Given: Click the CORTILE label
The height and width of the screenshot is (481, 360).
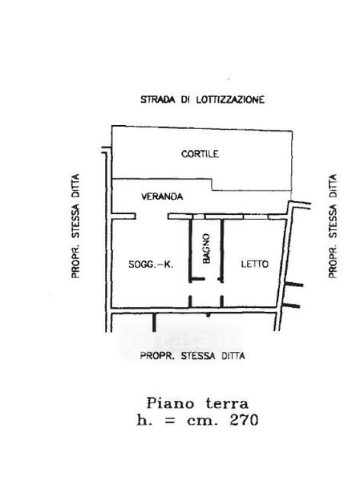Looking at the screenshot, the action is pos(200,154).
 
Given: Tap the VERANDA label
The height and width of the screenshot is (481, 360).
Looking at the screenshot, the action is pos(162,196).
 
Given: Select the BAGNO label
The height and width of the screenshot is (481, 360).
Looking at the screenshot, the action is pos(207,249).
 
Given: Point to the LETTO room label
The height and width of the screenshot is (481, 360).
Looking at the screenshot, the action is pos(255,264).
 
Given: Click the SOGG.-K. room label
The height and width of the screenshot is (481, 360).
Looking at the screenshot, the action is pos(151,264).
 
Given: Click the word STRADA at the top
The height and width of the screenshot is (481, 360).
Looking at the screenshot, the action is pos(158,99).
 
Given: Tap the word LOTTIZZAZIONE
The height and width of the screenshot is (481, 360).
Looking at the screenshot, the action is pos(230,99).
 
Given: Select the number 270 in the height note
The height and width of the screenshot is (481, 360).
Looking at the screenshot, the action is pos(244,420).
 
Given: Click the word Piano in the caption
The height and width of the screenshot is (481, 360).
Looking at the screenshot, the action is pos(171,403).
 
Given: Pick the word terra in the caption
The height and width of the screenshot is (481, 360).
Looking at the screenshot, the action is pos(227,403).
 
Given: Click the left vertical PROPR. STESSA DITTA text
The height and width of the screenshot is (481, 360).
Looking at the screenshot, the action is pos(75,226).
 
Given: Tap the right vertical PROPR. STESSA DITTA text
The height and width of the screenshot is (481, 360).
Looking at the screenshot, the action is pos(333,226).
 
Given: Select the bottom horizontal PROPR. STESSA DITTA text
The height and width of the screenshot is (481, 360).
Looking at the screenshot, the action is pos(192,356).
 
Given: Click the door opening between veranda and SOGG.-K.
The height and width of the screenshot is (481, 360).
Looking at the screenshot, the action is pos(152,216).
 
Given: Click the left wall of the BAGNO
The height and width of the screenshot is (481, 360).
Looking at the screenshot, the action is pos(190,248).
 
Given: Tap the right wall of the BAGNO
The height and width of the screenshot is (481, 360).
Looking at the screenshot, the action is pos(222,248).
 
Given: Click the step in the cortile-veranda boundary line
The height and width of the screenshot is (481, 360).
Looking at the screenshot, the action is pos(212,184).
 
